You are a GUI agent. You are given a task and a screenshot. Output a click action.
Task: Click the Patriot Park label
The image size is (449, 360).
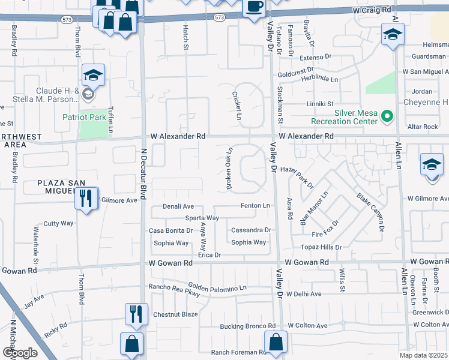point(84,117)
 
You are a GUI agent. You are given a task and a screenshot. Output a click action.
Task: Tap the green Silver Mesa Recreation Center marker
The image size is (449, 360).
point(387,116)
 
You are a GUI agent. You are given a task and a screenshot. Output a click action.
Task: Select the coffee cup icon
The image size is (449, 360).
point(253,7)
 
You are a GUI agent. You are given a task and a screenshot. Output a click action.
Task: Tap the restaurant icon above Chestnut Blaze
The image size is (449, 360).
point(135,313)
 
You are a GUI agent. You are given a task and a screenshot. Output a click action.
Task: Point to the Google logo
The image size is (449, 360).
point(19,353)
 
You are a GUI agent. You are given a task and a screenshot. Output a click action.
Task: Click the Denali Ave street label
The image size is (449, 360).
point(178,206)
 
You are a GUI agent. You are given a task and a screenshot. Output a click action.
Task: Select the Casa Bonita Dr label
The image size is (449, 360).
point(170,230)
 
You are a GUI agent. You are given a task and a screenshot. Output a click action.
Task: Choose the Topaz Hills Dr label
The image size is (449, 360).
point(321,247)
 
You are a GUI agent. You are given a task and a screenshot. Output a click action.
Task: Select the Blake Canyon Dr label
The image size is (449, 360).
point(370,212)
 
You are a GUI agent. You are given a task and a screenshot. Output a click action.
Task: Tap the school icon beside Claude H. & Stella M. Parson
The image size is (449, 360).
point(93,75)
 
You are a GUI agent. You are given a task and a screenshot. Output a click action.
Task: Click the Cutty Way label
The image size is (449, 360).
point(58,223)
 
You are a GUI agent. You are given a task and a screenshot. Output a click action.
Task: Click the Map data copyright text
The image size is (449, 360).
point(424,355)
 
